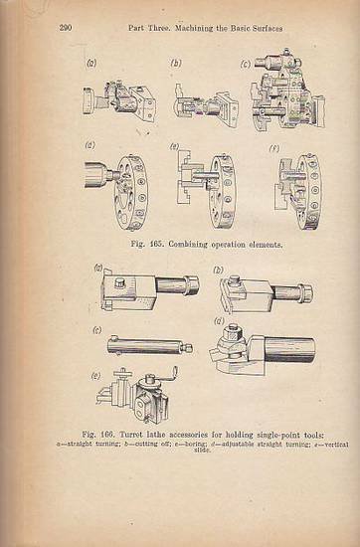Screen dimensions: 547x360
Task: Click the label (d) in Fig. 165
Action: pyautogui.click(x=92, y=148)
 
